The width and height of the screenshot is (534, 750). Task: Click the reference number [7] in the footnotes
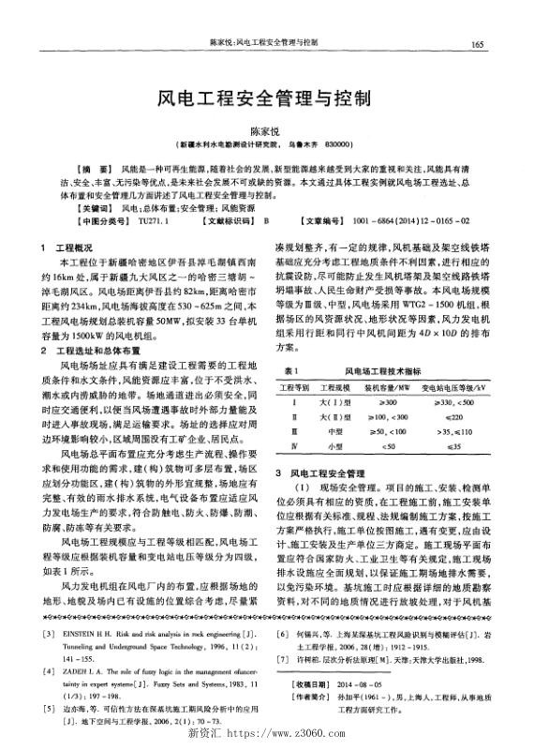pos(283,659)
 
